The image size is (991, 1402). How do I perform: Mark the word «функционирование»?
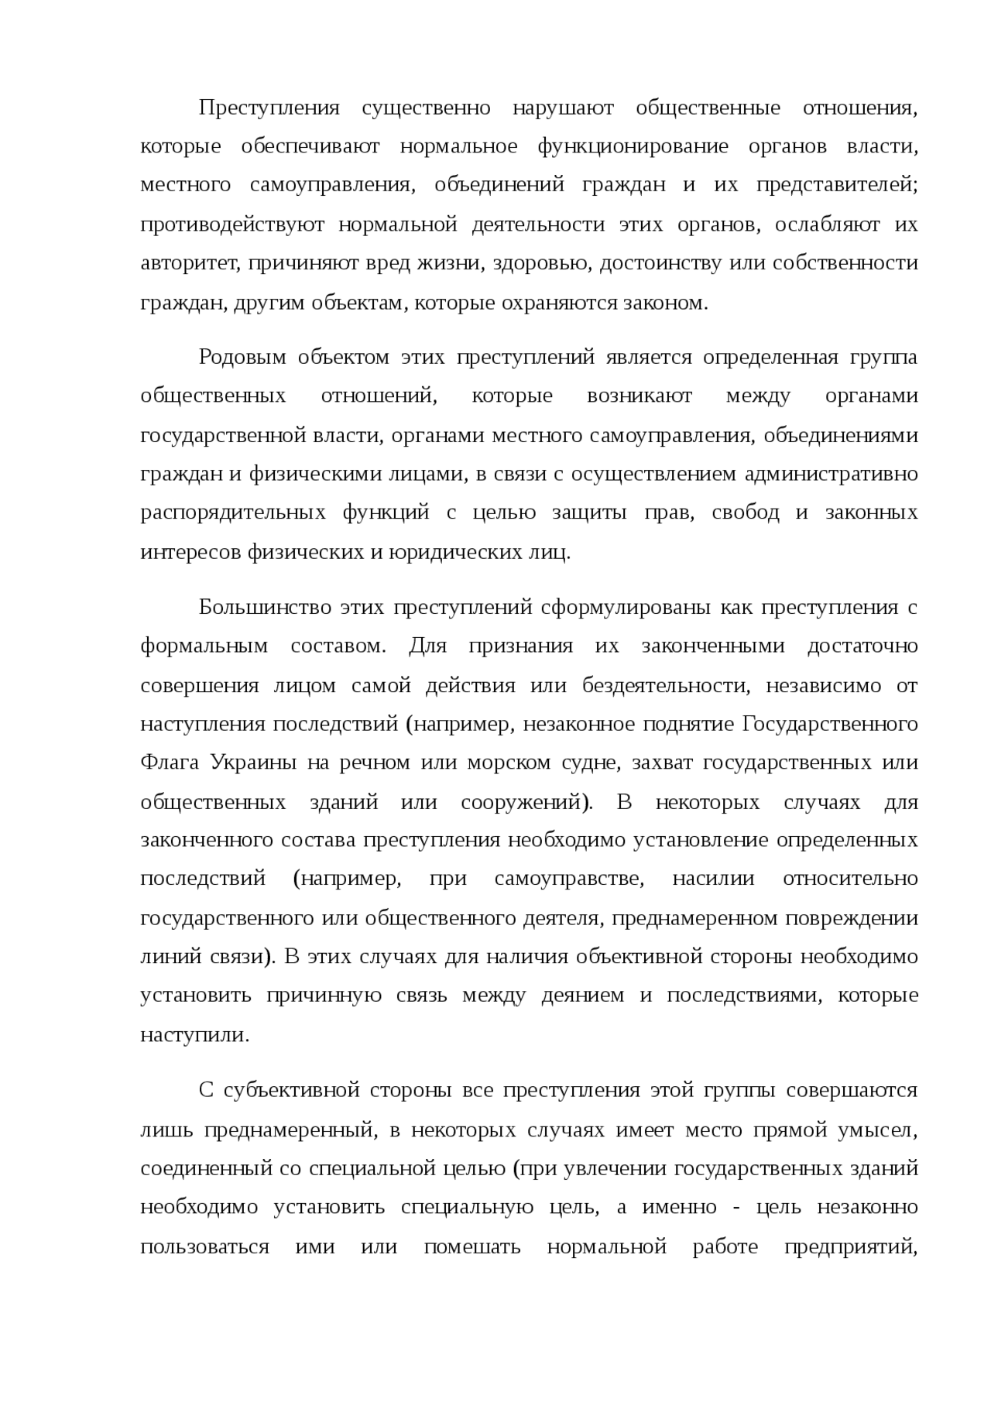coord(633,146)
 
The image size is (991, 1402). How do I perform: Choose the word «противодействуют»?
coord(232,225)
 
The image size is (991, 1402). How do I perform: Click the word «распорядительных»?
coord(233,513)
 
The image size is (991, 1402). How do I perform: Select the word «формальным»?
coord(204,646)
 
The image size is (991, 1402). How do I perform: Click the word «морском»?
coord(504,763)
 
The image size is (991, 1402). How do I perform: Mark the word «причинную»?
coord(324,996)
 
